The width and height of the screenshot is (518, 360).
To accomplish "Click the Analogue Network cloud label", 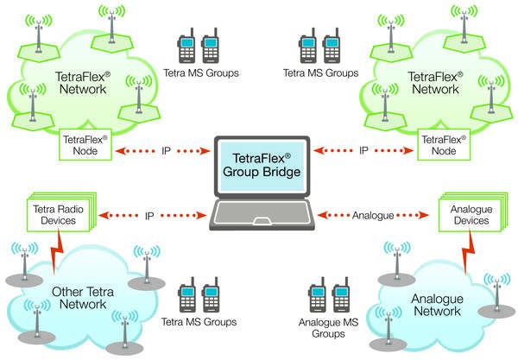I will (437, 303).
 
